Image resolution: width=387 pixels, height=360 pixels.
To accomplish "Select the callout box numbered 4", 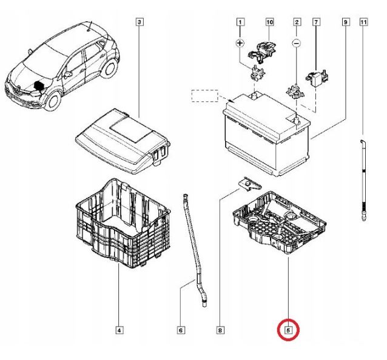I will tap(119, 330).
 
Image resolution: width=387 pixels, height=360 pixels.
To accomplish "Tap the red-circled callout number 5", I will tap(289, 331).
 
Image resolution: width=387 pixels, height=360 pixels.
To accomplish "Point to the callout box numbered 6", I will tap(180, 330).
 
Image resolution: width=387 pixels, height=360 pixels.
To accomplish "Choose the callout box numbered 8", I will tap(220, 330).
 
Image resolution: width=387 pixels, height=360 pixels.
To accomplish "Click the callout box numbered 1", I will tap(240, 23).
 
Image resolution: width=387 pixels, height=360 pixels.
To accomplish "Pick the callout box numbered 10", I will tap(269, 23).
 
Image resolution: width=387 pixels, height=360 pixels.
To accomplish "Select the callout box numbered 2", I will tap(297, 23).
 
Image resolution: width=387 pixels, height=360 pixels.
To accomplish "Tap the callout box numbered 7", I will tap(315, 23).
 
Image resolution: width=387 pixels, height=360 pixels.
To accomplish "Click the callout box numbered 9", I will tap(345, 23).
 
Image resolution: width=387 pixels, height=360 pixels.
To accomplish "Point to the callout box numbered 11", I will tap(363, 23).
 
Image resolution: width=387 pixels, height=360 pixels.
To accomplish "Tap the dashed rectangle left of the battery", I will tap(204, 95).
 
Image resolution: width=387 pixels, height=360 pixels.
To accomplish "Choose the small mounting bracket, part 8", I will tap(248, 182).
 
